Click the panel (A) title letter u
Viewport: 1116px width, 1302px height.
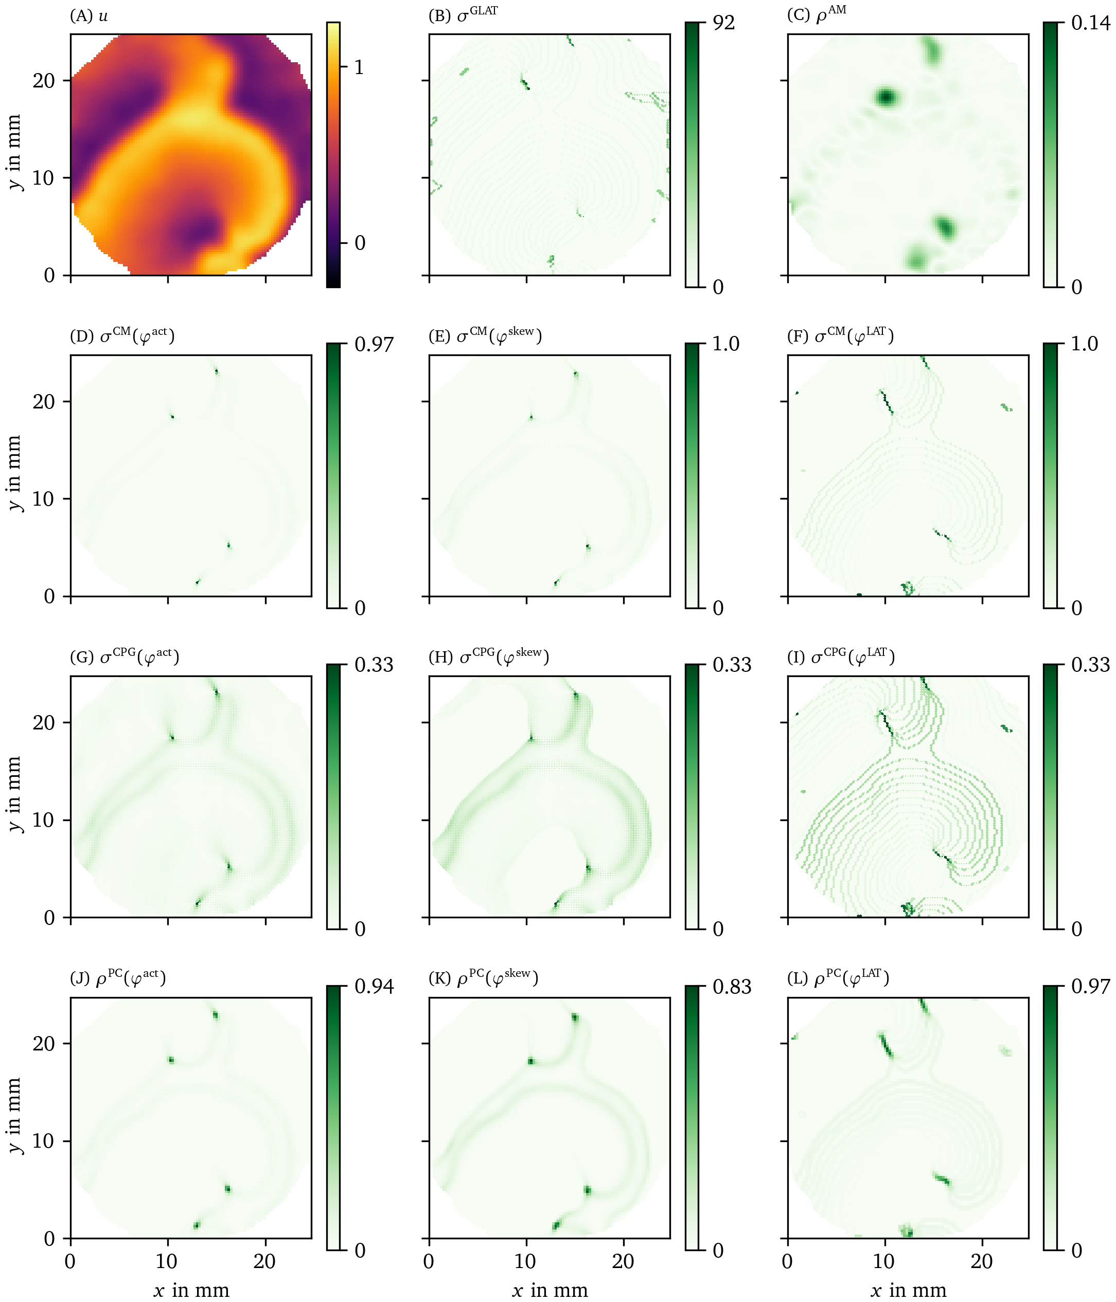(103, 16)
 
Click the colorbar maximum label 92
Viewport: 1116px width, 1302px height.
(723, 23)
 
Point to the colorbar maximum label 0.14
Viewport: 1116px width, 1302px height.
(1090, 23)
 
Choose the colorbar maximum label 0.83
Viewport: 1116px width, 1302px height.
(732, 987)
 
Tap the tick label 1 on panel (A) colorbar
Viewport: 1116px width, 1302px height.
(359, 67)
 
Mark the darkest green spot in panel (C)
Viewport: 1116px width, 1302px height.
(885, 97)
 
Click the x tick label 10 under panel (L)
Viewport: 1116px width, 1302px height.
(884, 1261)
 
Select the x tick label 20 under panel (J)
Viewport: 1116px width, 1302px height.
(264, 1261)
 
